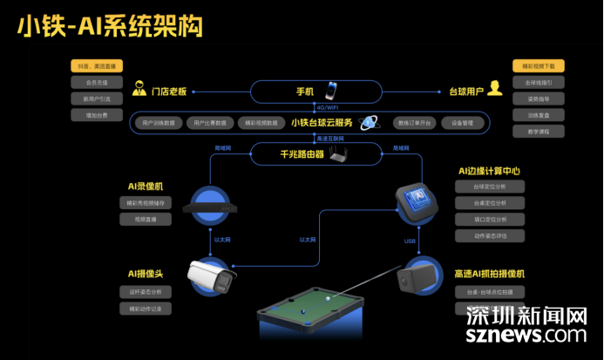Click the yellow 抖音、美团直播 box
click(97, 66)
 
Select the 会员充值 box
click(97, 83)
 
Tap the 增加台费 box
click(97, 115)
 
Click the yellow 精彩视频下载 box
click(539, 66)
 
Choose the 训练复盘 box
click(539, 115)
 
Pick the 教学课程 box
click(539, 132)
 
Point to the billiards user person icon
click(495, 88)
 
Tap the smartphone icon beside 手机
click(331, 91)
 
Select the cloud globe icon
click(370, 123)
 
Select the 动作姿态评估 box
click(488, 235)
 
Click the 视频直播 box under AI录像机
click(146, 220)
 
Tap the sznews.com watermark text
click(526, 334)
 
